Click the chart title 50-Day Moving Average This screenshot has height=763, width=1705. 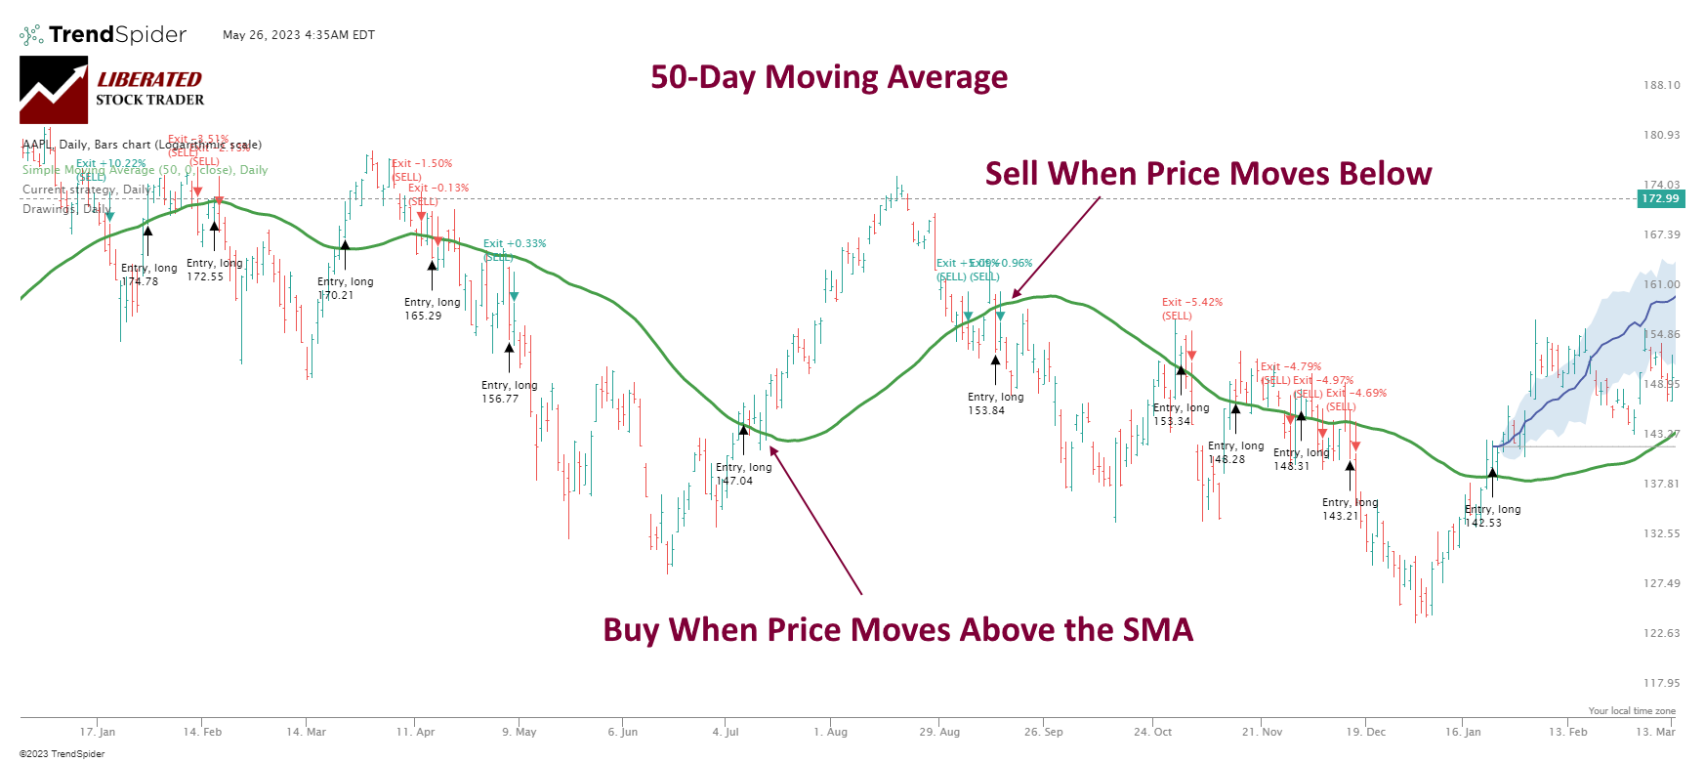click(x=829, y=77)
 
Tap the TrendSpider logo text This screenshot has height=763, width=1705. click(x=116, y=35)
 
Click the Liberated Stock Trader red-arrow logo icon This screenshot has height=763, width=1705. click(x=54, y=90)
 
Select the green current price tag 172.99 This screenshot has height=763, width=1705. click(x=1659, y=198)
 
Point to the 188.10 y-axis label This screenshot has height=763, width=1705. click(x=1661, y=85)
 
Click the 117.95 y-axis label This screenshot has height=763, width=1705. click(x=1661, y=683)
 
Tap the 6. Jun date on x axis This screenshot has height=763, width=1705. click(x=622, y=732)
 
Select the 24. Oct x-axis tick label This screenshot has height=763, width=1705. click(x=1152, y=732)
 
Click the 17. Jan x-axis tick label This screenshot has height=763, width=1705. click(x=98, y=732)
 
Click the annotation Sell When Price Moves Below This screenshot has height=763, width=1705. click(x=1208, y=174)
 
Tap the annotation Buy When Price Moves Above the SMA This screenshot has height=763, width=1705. click(x=897, y=630)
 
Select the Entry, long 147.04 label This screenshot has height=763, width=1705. click(x=743, y=474)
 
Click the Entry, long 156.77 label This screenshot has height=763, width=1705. click(x=509, y=392)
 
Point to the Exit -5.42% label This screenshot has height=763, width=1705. click(x=1191, y=303)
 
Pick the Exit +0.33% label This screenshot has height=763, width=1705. click(x=515, y=244)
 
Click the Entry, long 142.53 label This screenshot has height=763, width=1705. click(x=1492, y=516)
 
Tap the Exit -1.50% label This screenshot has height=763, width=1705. click(x=422, y=164)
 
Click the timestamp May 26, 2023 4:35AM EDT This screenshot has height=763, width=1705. click(x=299, y=35)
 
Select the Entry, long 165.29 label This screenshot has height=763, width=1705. click(x=432, y=309)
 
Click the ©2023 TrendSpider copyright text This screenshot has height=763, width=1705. click(x=62, y=753)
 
